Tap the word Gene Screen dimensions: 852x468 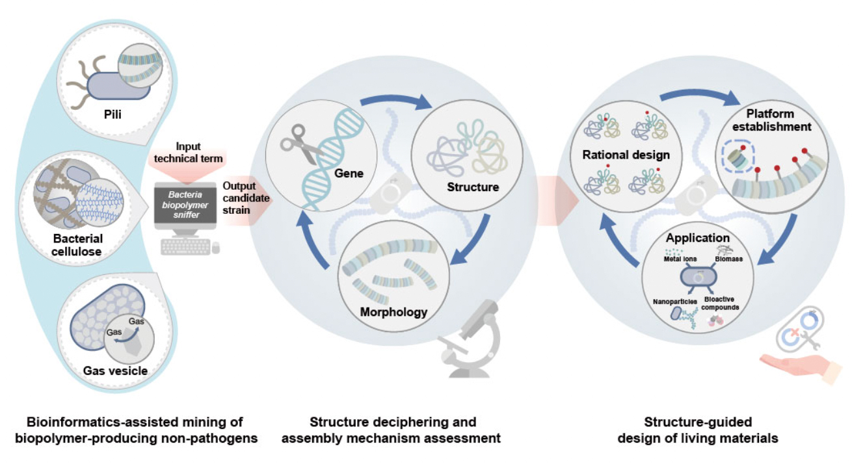(349, 174)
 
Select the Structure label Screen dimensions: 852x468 (473, 187)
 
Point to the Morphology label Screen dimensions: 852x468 (393, 312)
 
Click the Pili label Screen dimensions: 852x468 (113, 114)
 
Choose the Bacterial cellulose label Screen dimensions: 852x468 (77, 245)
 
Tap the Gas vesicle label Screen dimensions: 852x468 (115, 370)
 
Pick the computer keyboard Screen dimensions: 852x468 (185, 247)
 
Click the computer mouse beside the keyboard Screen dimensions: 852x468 (216, 248)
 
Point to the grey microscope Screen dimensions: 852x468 (470, 339)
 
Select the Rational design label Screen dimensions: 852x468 (626, 155)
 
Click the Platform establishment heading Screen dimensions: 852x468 (771, 120)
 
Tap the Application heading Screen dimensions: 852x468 (698, 238)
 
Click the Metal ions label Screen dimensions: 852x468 (680, 259)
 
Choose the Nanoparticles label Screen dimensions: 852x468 (674, 302)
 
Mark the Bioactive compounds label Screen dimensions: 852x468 (719, 303)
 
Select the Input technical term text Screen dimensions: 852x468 (188, 153)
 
